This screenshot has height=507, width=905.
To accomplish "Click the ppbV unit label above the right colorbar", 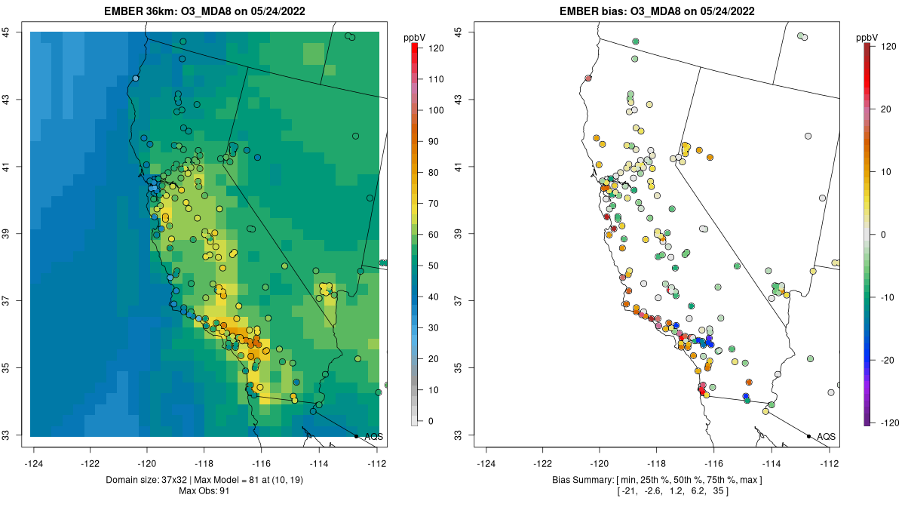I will coord(867,36).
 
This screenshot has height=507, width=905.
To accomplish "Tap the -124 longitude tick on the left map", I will coord(34,463).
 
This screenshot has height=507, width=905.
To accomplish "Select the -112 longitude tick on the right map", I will coord(830,463).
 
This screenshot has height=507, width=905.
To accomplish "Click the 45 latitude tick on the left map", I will coord(6,32).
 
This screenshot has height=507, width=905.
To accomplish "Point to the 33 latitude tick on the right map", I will coord(459,435).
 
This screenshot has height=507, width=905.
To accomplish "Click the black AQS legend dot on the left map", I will coord(356,436).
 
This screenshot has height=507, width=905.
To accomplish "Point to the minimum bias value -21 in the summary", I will coord(629,492).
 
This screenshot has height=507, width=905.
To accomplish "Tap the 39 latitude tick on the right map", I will coord(459,234).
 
